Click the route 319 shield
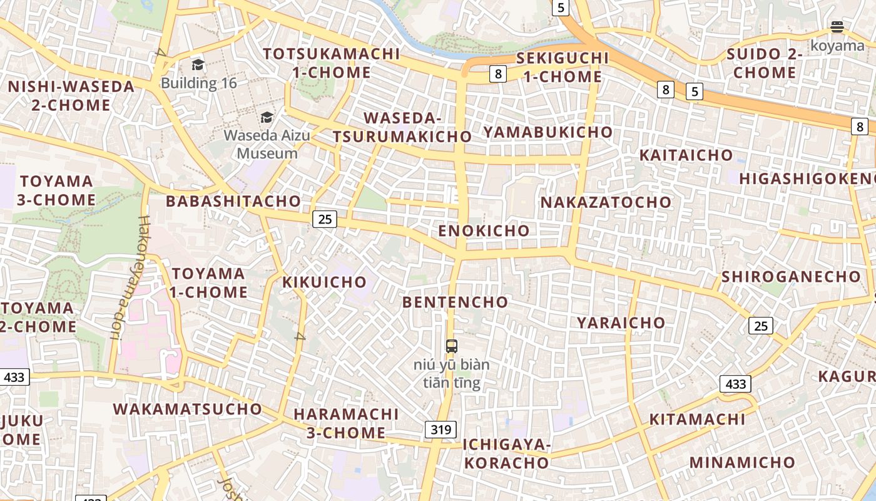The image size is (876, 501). click(x=441, y=430)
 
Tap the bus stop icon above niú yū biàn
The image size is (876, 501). click(x=451, y=346)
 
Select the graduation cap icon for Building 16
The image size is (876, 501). click(x=198, y=65)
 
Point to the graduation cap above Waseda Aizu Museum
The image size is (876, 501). click(x=267, y=117)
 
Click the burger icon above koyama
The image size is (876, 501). click(x=837, y=26)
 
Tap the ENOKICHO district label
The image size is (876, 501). click(x=484, y=230)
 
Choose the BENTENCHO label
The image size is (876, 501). click(x=455, y=302)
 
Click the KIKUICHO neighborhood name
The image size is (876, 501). click(x=324, y=282)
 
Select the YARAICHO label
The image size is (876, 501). click(x=621, y=323)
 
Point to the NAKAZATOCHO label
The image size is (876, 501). click(x=606, y=202)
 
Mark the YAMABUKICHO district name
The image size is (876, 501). click(x=547, y=132)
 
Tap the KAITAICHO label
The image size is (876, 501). click(x=686, y=155)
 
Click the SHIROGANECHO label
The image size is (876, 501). click(x=791, y=277)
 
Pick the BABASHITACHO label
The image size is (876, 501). click(x=233, y=201)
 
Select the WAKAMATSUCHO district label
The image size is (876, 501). click(x=187, y=409)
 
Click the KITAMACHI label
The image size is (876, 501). click(x=697, y=420)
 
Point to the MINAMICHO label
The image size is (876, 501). click(x=742, y=462)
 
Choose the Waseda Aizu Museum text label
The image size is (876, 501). click(x=267, y=144)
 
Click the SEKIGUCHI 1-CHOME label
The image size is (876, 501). click(x=562, y=68)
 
